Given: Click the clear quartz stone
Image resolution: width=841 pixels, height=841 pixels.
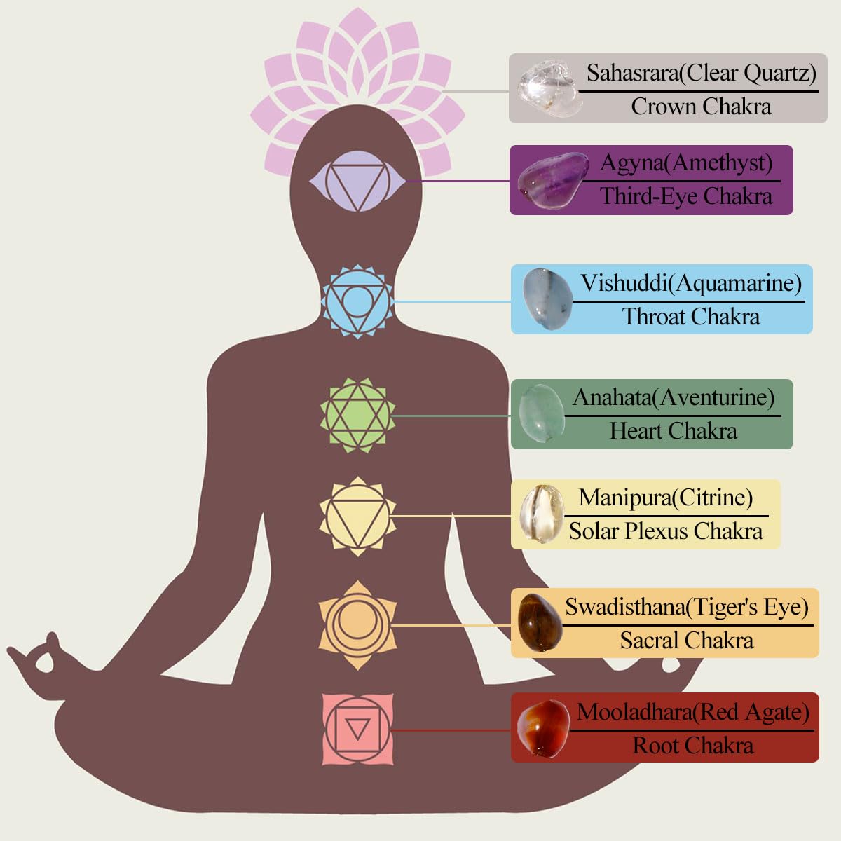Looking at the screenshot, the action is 549,89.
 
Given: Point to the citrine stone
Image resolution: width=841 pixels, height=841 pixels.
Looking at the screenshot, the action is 541,514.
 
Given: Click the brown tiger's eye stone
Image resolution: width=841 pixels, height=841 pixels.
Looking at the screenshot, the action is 539,623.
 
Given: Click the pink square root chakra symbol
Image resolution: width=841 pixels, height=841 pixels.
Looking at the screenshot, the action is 357,730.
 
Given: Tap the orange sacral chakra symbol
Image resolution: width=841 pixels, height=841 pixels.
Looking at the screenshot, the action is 357,625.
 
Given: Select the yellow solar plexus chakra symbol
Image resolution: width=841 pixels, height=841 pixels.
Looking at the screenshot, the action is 357,517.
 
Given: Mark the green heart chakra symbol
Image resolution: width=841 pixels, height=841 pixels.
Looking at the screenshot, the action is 357,415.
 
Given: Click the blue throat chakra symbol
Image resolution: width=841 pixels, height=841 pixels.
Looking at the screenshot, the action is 357,301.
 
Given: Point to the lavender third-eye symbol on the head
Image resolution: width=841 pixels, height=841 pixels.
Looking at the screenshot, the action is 357,181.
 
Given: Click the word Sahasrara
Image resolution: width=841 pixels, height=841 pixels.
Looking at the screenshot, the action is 633,73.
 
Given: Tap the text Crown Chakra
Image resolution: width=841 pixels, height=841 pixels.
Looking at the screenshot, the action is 701,107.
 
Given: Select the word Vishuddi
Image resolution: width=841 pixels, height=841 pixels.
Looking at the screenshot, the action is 624,283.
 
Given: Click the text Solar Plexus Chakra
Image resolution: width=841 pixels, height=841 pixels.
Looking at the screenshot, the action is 666,531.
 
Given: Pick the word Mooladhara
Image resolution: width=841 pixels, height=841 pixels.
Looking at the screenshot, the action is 634,712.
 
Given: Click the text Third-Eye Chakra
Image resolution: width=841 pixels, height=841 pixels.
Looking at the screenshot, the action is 686,196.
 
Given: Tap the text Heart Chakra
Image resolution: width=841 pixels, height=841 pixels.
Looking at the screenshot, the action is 673,431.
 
